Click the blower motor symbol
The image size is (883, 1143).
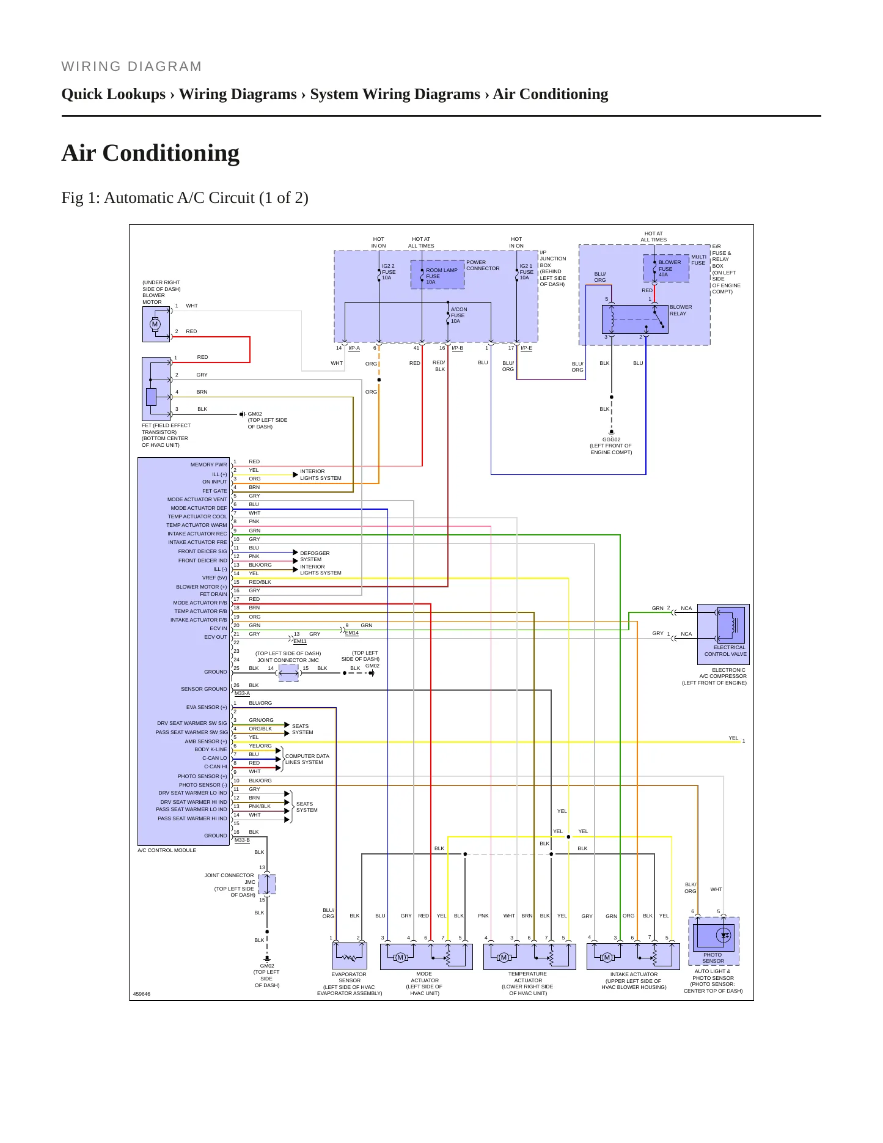(156, 324)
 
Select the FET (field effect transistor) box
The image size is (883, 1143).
(156, 389)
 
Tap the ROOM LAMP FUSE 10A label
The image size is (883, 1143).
(441, 276)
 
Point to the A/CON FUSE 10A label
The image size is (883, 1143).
(459, 315)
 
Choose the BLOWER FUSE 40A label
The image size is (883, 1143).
(669, 268)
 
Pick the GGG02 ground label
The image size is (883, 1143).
(611, 439)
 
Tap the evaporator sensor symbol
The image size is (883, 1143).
(349, 956)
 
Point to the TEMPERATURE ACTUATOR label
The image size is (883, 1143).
(527, 977)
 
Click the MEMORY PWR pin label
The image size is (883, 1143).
(208, 465)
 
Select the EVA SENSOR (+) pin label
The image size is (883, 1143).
(207, 707)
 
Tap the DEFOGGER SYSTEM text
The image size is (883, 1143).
(315, 556)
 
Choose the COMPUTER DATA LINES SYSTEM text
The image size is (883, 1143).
(307, 759)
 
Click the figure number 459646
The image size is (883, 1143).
(141, 994)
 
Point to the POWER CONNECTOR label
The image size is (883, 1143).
(483, 265)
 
